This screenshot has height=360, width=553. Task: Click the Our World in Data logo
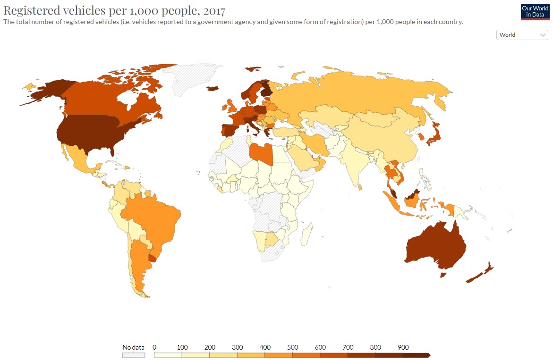click(x=535, y=12)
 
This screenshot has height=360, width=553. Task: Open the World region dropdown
click(x=522, y=35)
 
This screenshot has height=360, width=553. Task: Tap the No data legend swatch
click(x=134, y=355)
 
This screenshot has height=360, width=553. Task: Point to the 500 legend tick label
click(x=292, y=347)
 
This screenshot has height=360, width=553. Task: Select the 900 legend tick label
click(x=403, y=347)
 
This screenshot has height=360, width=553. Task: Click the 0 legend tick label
click(x=154, y=347)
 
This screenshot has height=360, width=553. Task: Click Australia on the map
click(x=434, y=245)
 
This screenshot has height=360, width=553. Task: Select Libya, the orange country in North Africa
click(x=260, y=153)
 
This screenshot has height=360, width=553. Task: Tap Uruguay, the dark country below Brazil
click(x=153, y=257)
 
